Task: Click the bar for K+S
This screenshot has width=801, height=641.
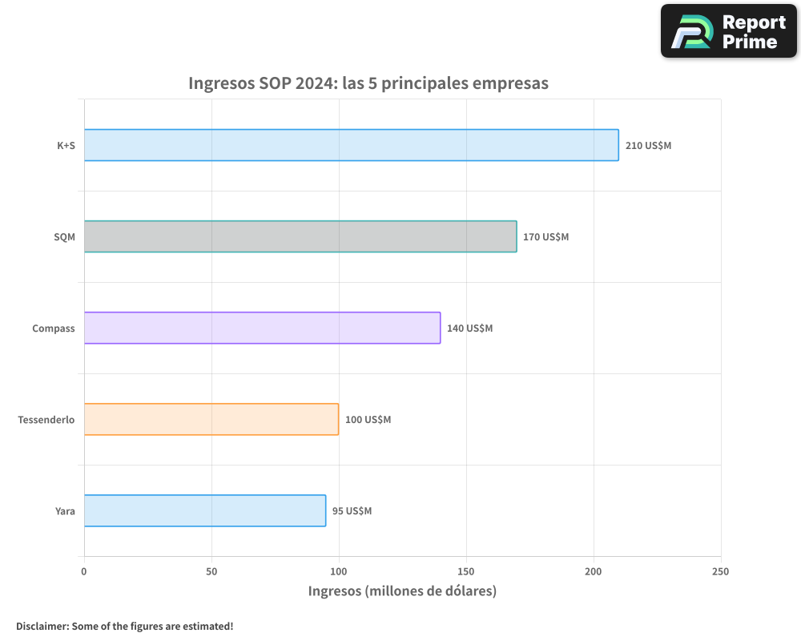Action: click(351, 145)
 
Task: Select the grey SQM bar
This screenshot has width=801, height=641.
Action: click(300, 236)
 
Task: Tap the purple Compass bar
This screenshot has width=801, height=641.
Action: click(262, 328)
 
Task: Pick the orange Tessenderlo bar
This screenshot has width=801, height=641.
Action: click(211, 419)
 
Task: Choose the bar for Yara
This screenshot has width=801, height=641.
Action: click(205, 510)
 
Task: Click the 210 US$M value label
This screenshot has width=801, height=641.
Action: click(648, 146)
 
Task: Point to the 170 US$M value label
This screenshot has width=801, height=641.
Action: click(545, 237)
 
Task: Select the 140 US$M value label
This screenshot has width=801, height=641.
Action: click(469, 329)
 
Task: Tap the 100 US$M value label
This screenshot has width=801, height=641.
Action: click(368, 420)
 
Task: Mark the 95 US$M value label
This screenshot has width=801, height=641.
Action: click(352, 511)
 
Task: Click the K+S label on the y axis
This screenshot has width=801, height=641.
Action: click(66, 146)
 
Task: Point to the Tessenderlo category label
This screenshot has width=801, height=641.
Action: click(46, 420)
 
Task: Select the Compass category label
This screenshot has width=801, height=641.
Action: click(54, 329)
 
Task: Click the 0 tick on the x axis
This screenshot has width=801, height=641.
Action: click(84, 571)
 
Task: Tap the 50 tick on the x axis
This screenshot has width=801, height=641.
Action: click(211, 571)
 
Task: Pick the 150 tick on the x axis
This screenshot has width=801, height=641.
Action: click(466, 571)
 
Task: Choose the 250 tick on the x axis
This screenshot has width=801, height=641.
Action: click(721, 571)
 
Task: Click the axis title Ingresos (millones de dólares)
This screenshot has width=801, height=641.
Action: click(402, 591)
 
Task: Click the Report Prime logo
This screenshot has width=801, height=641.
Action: click(729, 31)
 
